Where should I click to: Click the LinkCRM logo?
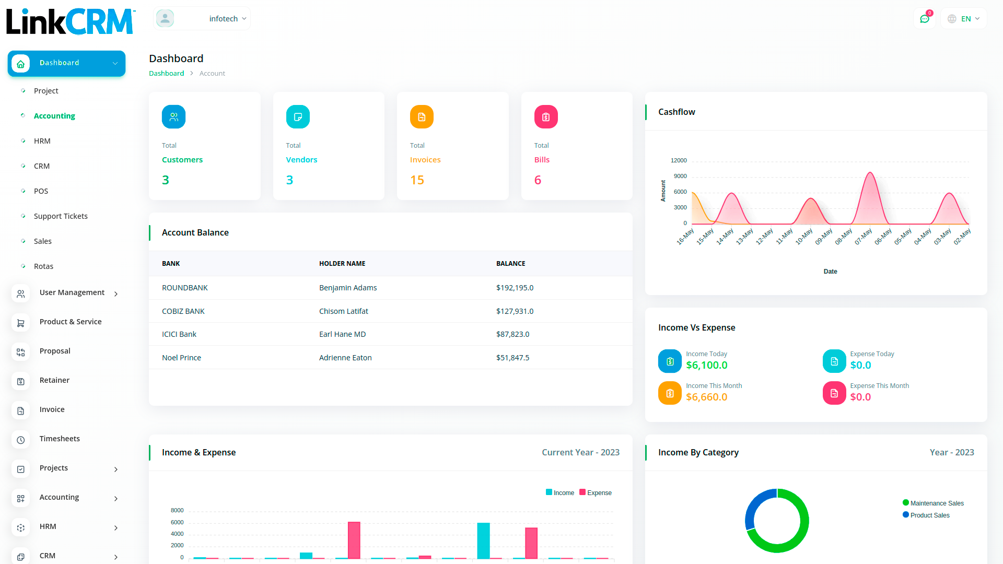71,21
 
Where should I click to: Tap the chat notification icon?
925,19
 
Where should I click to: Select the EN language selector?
964,19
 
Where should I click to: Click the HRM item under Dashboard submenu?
42,141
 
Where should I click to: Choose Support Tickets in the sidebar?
61,216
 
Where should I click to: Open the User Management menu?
72,292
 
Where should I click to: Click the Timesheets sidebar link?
60,439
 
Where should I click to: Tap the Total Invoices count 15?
417,180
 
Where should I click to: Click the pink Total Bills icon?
546,117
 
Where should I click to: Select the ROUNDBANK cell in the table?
185,288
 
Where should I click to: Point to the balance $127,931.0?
515,311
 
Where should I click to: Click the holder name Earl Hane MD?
342,334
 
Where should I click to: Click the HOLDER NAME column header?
342,264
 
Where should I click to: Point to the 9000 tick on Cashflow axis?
680,176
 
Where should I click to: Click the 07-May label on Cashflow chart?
864,236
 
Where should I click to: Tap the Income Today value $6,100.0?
706,365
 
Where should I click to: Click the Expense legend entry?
596,492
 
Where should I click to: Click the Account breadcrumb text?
212,74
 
